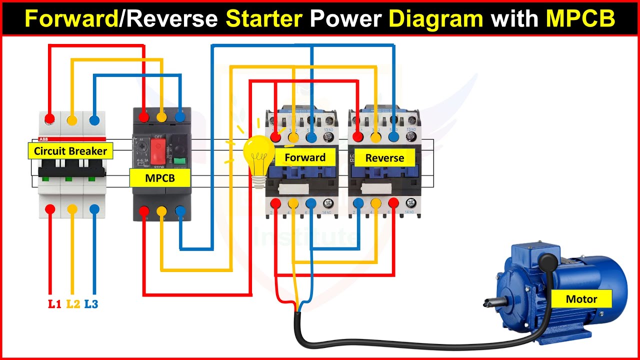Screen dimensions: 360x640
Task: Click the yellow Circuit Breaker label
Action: click(x=70, y=151)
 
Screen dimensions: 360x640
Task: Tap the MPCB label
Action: click(x=160, y=177)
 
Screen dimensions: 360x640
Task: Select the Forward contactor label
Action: click(x=305, y=157)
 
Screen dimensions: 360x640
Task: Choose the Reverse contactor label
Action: click(x=384, y=158)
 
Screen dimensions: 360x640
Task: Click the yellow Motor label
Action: click(x=581, y=299)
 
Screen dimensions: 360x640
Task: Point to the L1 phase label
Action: click(x=54, y=303)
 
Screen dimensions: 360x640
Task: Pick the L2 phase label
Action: click(x=73, y=303)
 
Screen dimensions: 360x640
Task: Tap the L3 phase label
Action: click(x=91, y=303)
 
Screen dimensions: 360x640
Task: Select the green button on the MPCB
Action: click(x=179, y=160)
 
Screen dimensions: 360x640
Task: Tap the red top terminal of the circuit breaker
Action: click(x=50, y=119)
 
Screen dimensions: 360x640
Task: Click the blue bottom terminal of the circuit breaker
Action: click(x=94, y=209)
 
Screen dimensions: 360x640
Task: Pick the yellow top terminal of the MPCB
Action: click(x=161, y=117)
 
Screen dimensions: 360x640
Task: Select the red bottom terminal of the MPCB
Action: click(x=143, y=210)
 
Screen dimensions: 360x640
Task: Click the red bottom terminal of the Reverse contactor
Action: click(x=393, y=203)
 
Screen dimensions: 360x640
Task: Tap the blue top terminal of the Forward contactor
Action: click(x=311, y=136)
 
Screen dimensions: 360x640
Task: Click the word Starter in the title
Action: click(x=264, y=19)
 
